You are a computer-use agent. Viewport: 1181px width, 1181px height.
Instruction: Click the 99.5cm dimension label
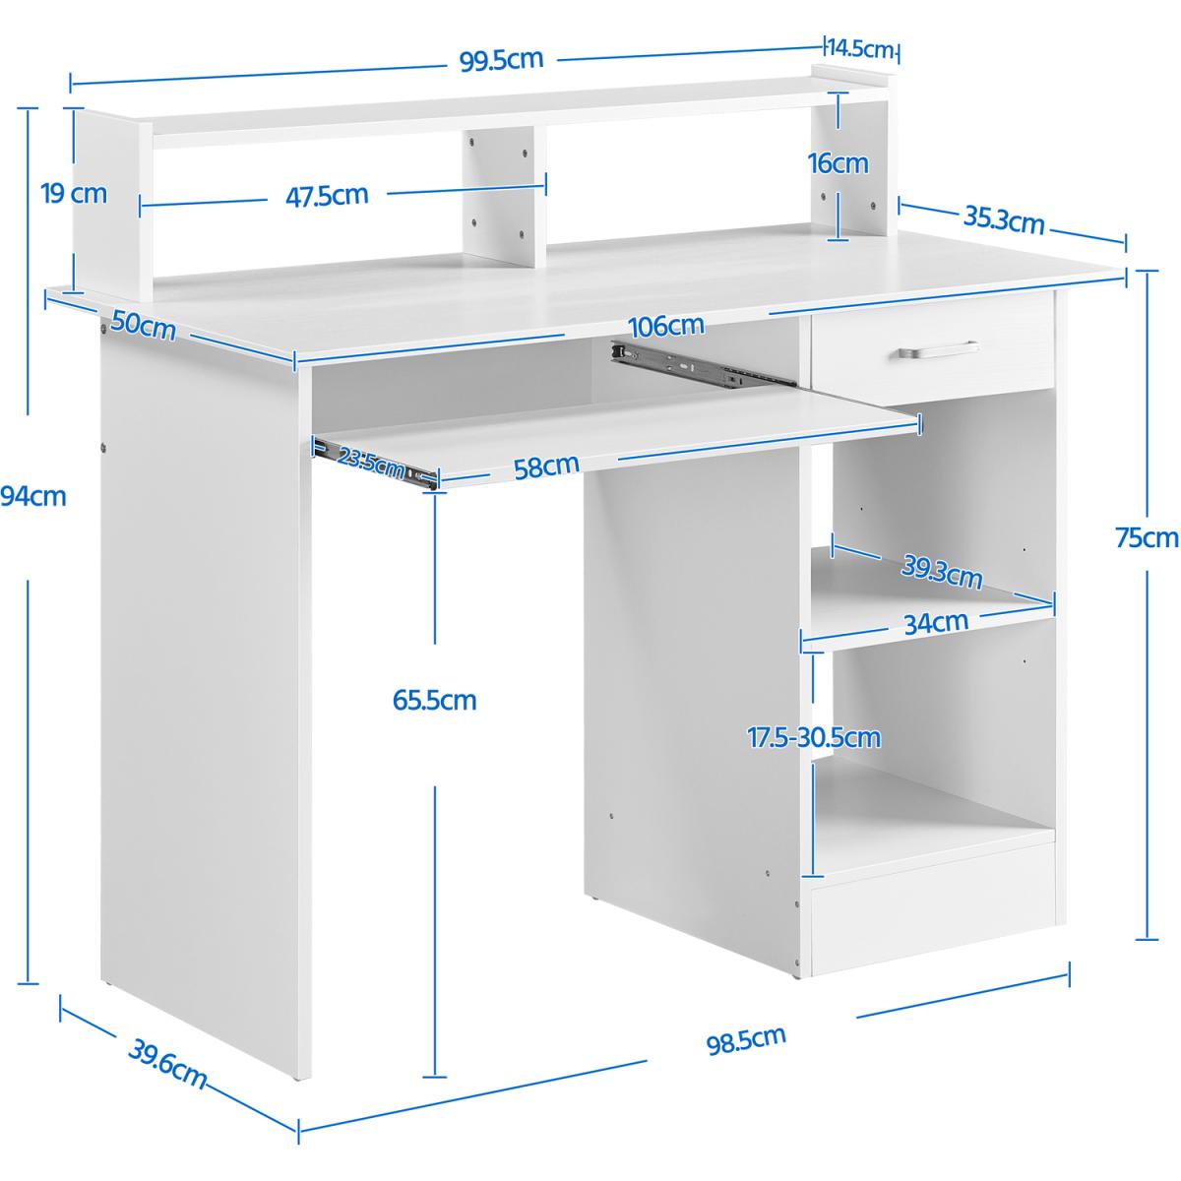coord(501,60)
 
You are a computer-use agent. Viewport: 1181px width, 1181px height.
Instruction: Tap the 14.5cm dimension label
coord(860,48)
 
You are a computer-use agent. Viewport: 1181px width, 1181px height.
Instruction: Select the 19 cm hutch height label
coord(74,194)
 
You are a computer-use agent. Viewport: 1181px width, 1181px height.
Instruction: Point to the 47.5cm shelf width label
coord(327,196)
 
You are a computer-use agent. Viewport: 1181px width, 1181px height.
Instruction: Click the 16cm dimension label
coord(838,163)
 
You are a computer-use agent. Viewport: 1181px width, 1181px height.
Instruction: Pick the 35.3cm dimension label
coord(1004,220)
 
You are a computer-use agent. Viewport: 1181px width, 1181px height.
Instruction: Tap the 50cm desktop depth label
coord(144,325)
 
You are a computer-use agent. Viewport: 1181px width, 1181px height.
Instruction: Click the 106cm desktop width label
coord(666,326)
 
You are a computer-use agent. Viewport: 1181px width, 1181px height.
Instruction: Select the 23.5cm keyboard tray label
coord(371,463)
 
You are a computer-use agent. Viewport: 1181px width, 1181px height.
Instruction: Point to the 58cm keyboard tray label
coord(546,467)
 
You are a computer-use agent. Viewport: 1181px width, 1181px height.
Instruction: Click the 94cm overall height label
coord(33,496)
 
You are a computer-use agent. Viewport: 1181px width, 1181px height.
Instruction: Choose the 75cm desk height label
coord(1147,538)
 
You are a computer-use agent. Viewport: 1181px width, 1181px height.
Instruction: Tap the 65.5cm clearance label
coord(435,700)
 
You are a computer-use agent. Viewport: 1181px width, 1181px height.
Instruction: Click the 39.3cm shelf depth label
coord(942,573)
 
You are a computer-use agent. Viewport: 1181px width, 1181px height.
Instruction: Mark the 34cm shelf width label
coord(936,623)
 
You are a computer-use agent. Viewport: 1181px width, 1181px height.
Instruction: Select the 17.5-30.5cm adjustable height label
coord(814,737)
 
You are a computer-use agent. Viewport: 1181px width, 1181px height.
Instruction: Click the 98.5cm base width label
coord(746,1040)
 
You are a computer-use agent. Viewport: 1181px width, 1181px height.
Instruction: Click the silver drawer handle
coord(938,350)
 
